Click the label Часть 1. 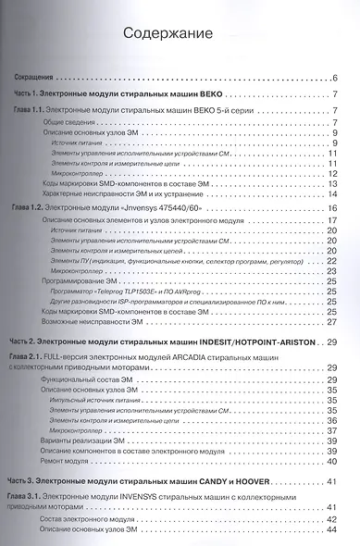(x=38, y=96)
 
